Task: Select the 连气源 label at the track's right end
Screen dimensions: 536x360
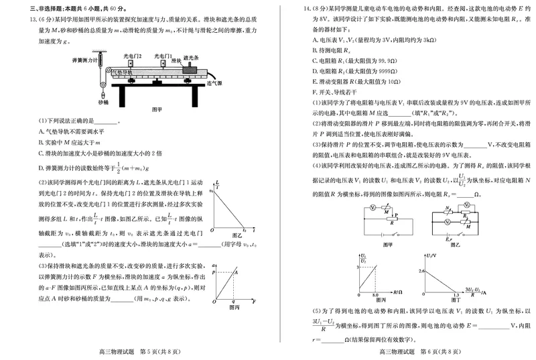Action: (x=216, y=82)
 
